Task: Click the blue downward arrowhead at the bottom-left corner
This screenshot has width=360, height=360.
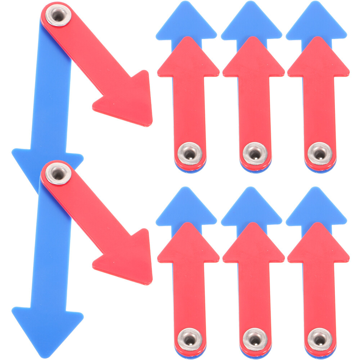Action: tap(47, 326)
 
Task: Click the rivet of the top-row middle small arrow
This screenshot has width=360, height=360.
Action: tap(255, 152)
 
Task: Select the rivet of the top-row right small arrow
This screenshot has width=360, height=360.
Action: tap(319, 152)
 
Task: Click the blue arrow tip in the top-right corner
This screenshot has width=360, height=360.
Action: tap(316, 22)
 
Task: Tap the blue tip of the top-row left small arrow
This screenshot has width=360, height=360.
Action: tap(186, 22)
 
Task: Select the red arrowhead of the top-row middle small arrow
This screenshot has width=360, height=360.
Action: tap(253, 59)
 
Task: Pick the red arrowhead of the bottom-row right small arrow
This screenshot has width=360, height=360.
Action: tap(318, 245)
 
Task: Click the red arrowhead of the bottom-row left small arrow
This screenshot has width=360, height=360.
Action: tap(188, 245)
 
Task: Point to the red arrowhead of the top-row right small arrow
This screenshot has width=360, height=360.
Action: tap(318, 59)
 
